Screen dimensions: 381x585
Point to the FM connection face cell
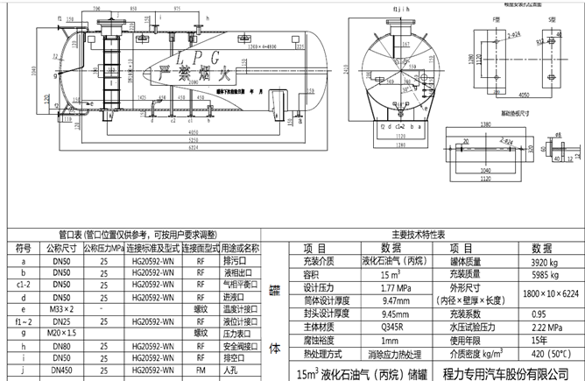[201, 372]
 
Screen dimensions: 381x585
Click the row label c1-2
[23, 285]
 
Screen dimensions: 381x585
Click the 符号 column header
[23, 248]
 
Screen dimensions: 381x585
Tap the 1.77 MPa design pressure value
[380, 286]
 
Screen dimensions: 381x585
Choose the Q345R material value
[380, 326]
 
